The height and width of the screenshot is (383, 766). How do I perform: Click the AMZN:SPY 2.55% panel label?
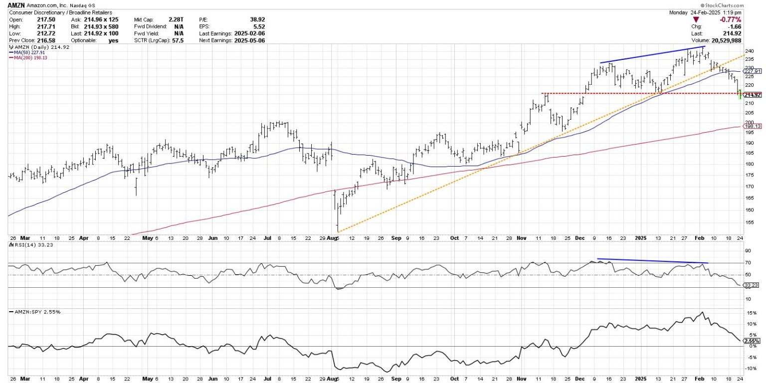click(29, 312)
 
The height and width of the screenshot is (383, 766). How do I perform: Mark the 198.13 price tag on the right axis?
click(753, 127)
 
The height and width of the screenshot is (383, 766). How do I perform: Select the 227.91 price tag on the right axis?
click(753, 71)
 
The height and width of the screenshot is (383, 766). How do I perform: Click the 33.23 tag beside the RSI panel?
click(751, 285)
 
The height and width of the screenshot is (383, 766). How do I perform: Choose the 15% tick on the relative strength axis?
click(748, 313)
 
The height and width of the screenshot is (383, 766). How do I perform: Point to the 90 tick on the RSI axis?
click(747, 251)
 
